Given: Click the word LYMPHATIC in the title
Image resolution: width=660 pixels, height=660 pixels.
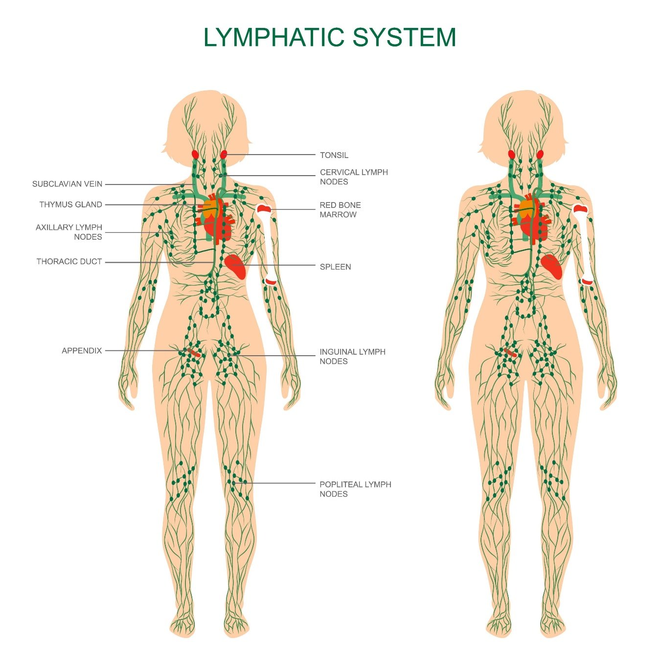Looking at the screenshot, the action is (x=274, y=37).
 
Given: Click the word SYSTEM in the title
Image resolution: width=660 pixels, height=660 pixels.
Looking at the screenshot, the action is (x=405, y=37).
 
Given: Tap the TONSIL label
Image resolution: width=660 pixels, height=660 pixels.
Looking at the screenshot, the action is (x=334, y=155).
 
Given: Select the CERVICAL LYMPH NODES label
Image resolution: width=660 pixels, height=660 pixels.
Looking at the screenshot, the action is (x=354, y=177).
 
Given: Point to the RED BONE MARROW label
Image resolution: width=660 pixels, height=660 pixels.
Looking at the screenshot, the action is (x=340, y=209).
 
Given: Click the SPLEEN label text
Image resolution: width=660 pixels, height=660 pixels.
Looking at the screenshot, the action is (x=335, y=267).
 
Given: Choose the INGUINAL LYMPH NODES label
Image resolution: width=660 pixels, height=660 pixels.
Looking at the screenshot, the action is (x=352, y=356).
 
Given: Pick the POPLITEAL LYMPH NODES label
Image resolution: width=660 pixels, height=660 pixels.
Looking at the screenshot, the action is (x=355, y=489).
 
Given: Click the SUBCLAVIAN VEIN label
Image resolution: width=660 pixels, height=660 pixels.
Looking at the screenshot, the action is (x=67, y=184).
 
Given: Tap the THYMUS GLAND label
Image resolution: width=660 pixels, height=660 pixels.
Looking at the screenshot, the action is (x=70, y=205).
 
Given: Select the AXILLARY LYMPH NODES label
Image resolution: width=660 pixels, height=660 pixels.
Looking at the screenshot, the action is (x=69, y=232).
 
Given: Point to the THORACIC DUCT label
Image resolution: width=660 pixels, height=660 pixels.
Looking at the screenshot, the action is (x=69, y=261).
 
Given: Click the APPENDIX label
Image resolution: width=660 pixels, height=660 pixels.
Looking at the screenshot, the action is (x=82, y=350).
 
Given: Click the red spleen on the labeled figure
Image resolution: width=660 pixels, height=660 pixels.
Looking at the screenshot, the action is (x=236, y=266).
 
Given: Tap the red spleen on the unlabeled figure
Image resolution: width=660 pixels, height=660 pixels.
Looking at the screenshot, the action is (x=552, y=266).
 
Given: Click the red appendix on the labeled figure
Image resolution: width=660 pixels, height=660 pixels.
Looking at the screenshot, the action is (x=193, y=352).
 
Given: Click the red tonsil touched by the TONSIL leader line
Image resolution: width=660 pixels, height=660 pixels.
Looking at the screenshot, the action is (x=224, y=155).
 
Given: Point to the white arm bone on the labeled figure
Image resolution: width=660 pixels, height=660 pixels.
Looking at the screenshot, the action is (x=268, y=245).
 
